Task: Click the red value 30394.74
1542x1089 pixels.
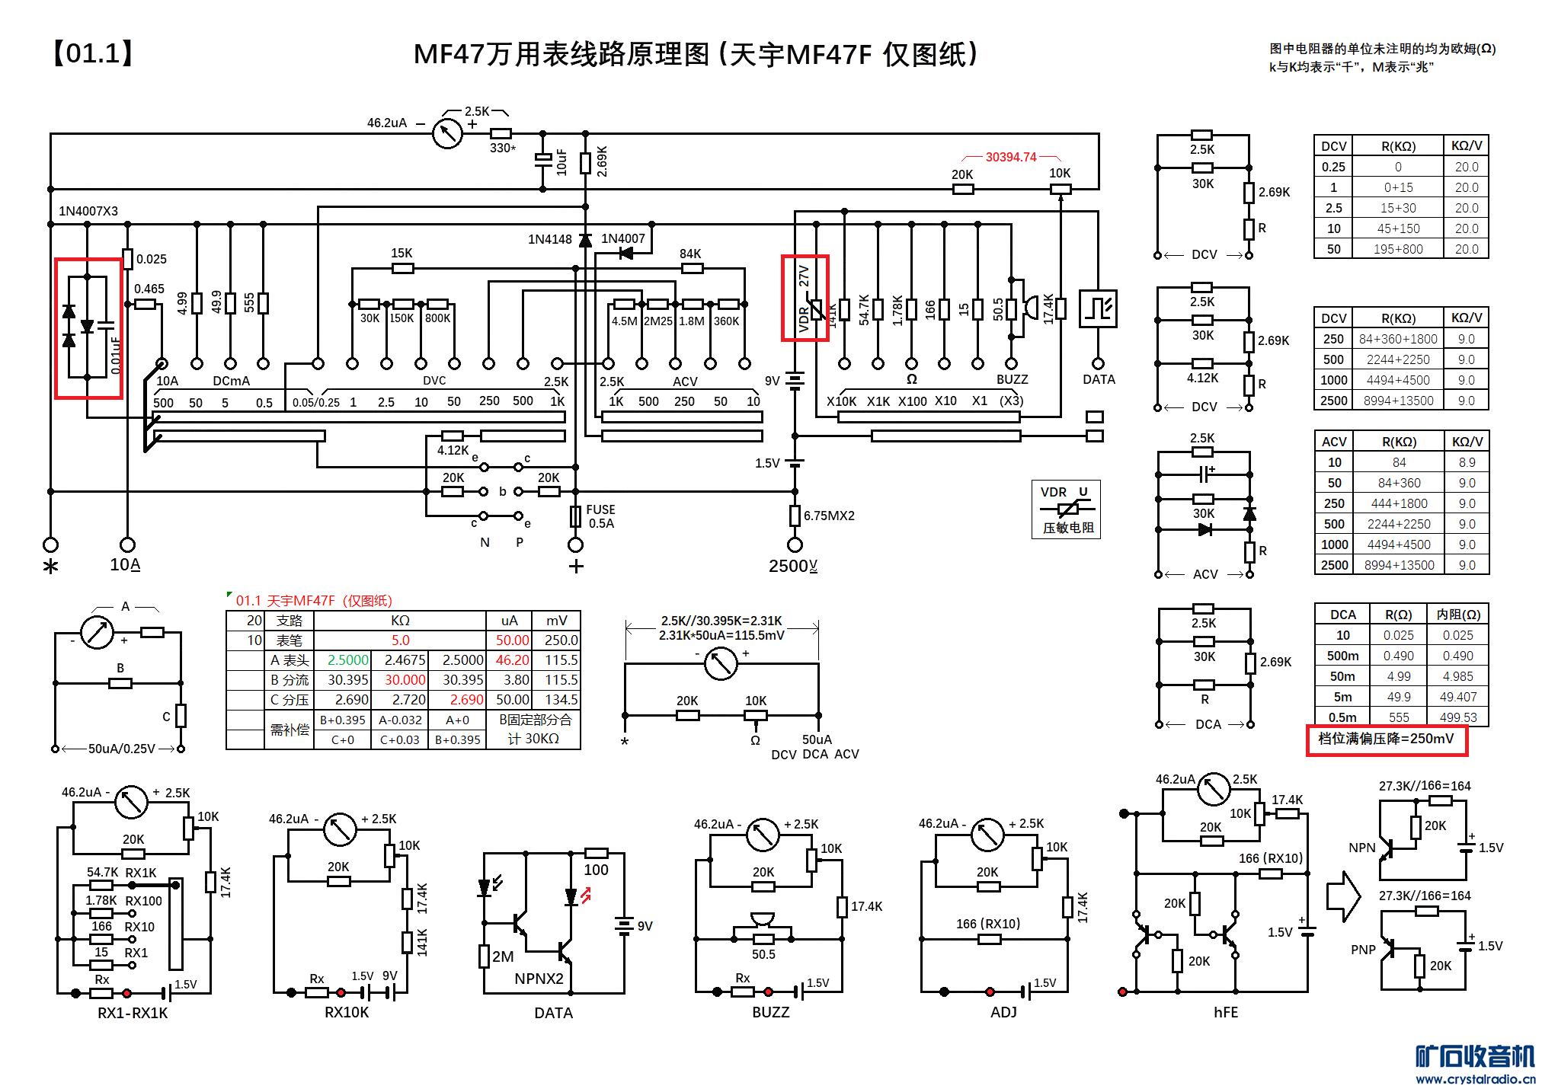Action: [1010, 157]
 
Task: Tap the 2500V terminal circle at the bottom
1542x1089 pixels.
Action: [795, 544]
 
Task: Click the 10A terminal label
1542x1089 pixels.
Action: [125, 564]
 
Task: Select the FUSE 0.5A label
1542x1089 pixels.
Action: [600, 516]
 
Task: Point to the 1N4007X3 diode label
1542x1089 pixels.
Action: [88, 211]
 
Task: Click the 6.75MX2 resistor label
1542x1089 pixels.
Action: [829, 516]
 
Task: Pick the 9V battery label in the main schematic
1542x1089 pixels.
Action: [772, 381]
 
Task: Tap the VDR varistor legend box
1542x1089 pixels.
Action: [1066, 509]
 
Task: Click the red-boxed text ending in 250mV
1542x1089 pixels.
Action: [1386, 739]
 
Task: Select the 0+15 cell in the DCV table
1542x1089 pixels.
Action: [1398, 187]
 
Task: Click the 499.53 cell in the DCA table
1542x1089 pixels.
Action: [1457, 717]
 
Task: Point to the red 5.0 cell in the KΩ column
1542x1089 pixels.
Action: [400, 640]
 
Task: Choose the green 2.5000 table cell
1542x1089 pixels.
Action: [347, 660]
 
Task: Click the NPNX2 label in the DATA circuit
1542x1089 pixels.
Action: [539, 979]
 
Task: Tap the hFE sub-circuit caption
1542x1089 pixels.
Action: [1225, 1012]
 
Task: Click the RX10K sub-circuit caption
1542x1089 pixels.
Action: [347, 1012]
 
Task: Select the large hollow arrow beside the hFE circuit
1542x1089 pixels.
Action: [1343, 896]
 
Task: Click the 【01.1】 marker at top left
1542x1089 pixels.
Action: [93, 53]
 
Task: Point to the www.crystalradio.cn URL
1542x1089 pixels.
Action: [1475, 1078]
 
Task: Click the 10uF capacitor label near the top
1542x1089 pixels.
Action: [562, 161]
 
